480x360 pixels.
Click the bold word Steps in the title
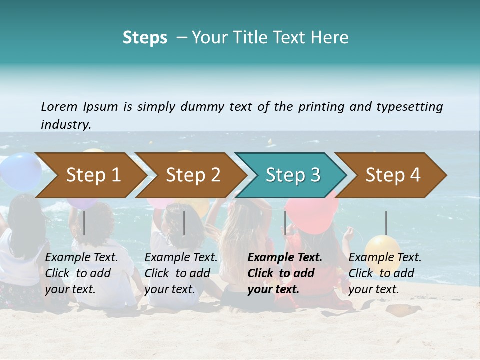tap(145, 38)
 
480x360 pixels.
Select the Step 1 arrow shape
tap(90, 175)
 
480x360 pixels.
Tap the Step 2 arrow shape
tap(190, 175)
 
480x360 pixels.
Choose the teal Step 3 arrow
tap(291, 175)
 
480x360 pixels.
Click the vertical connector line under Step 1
tap(84, 223)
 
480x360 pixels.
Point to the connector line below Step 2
tap(184, 223)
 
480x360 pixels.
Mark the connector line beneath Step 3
tap(285, 223)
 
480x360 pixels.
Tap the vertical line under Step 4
tap(386, 223)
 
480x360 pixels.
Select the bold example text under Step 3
tap(285, 273)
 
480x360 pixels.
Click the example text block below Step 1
tap(82, 273)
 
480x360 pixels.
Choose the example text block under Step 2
tap(181, 273)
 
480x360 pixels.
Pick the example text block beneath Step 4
tap(385, 273)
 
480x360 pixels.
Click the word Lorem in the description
tap(59, 106)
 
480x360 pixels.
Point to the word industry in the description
tap(66, 125)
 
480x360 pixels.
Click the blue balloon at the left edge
tap(20, 171)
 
